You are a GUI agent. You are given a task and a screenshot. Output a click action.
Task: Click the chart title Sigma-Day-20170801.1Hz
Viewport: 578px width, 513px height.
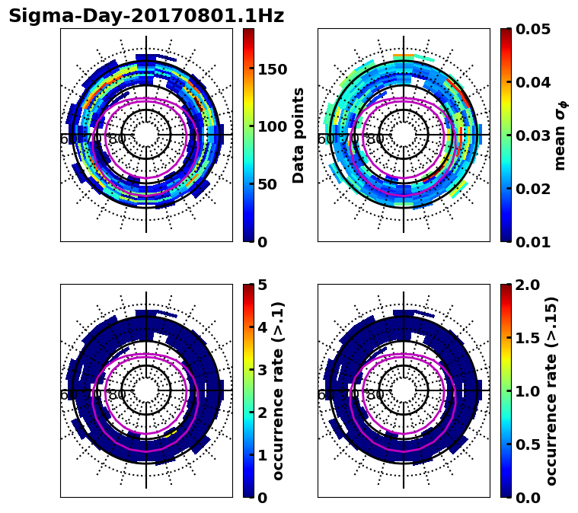pyautogui.click(x=146, y=16)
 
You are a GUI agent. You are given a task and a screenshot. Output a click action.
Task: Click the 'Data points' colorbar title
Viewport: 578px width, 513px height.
pyautogui.click(x=299, y=135)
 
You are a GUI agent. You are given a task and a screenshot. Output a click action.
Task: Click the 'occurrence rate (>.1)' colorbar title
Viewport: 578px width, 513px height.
pyautogui.click(x=279, y=391)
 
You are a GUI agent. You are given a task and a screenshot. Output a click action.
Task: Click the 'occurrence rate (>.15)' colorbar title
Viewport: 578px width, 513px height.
pyautogui.click(x=552, y=391)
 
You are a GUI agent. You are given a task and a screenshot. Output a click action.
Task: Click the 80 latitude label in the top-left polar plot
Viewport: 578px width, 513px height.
pyautogui.click(x=117, y=139)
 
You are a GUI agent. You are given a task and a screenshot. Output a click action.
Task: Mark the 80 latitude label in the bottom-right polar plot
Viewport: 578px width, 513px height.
pyautogui.click(x=375, y=395)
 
